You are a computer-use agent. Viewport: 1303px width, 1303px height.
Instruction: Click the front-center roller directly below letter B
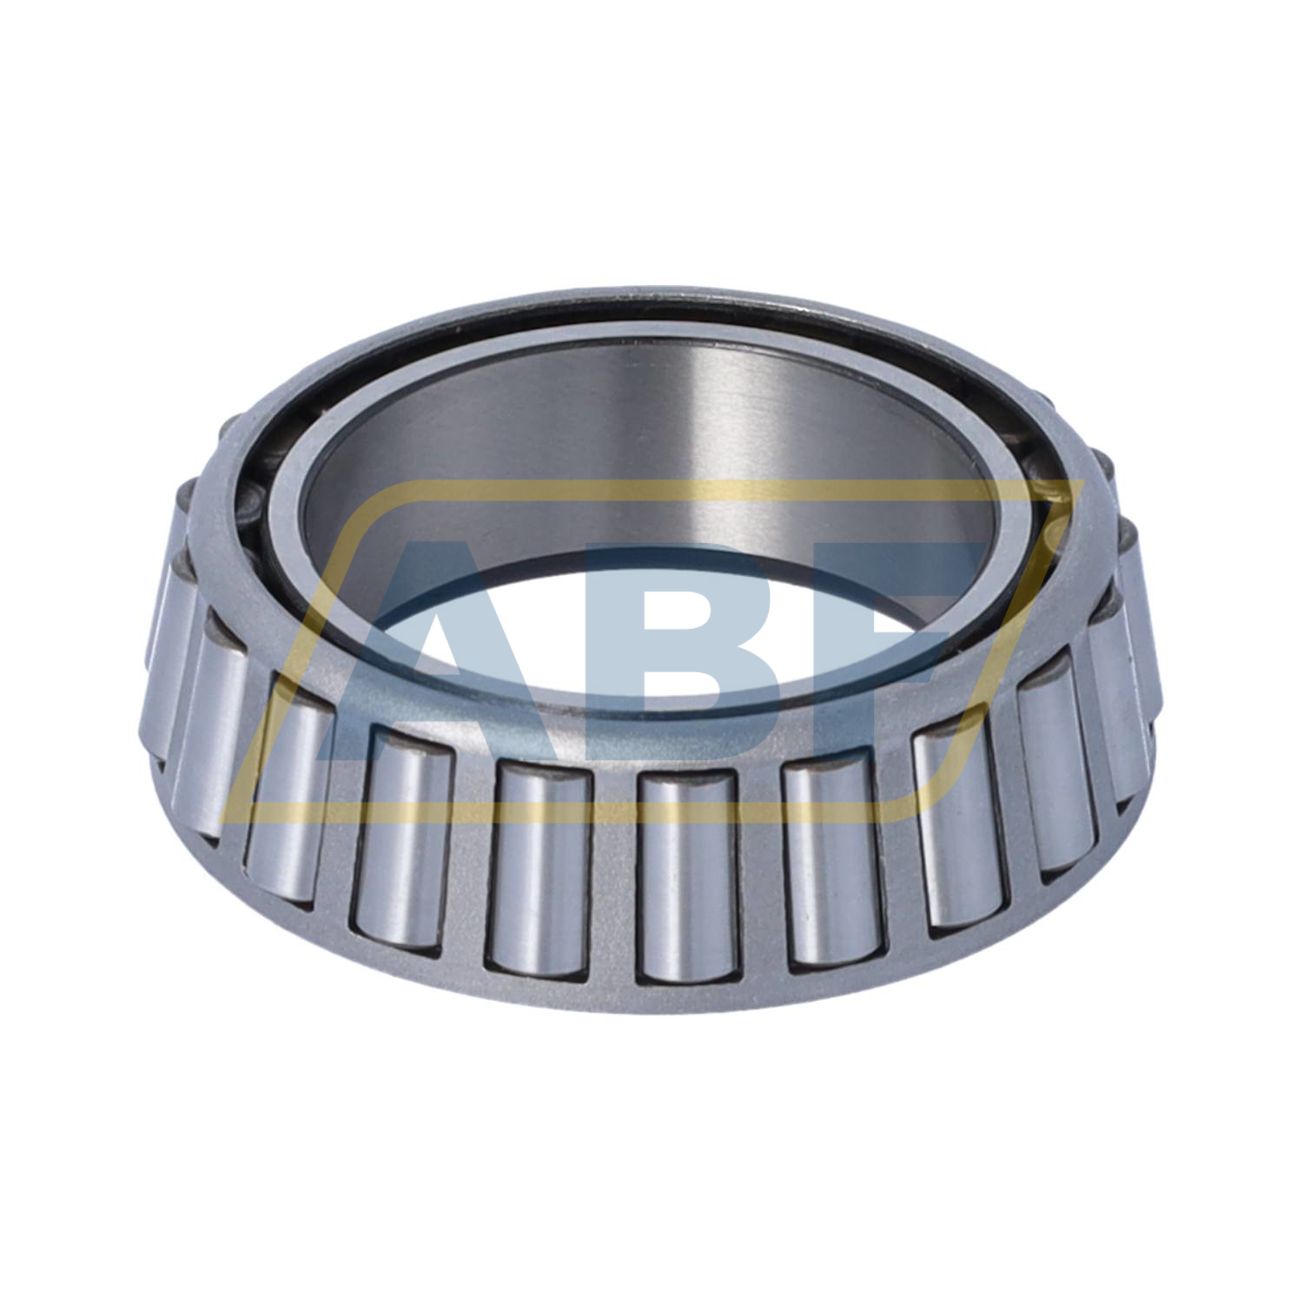click(x=686, y=877)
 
